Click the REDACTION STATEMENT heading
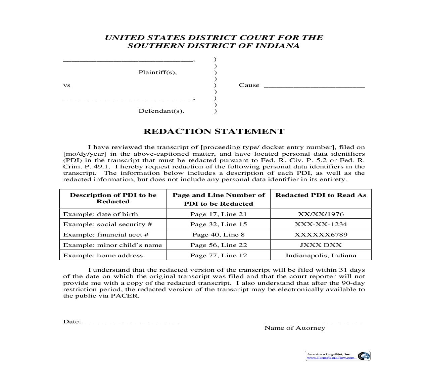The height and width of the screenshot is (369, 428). pyautogui.click(x=214, y=131)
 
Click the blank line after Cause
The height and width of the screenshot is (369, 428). pyautogui.click(x=314, y=86)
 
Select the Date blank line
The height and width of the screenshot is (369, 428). pyautogui.click(x=129, y=323)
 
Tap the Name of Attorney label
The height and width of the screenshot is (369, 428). pyautogui.click(x=294, y=328)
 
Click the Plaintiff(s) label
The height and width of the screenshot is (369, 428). pyautogui.click(x=157, y=72)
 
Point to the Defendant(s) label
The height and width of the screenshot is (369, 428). pyautogui.click(x=161, y=111)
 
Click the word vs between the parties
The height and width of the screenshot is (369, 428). pyautogui.click(x=66, y=85)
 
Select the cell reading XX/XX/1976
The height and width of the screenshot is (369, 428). pyautogui.click(x=321, y=214)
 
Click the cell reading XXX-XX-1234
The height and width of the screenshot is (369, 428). pyautogui.click(x=321, y=224)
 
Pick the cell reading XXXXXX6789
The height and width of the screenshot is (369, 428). pyautogui.click(x=321, y=234)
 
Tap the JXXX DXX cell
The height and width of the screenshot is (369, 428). pyautogui.click(x=321, y=245)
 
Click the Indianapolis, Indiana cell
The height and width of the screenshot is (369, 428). pyautogui.click(x=321, y=255)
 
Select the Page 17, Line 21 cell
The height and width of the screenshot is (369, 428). pyautogui.click(x=218, y=214)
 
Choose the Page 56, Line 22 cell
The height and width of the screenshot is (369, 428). pyautogui.click(x=218, y=245)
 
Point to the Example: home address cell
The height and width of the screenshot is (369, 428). pyautogui.click(x=103, y=255)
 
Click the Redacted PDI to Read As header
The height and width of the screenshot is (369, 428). pyautogui.click(x=321, y=195)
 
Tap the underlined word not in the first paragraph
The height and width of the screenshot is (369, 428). pyautogui.click(x=173, y=179)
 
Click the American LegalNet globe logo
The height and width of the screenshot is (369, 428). pyautogui.click(x=363, y=356)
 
